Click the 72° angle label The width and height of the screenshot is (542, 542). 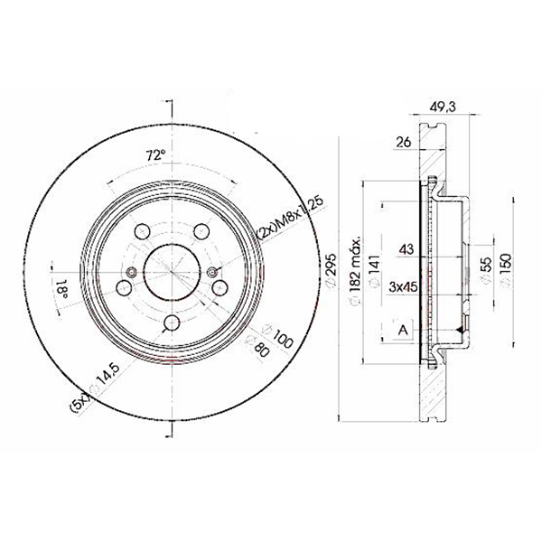pyautogui.click(x=155, y=155)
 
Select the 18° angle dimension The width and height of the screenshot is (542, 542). pyautogui.click(x=61, y=289)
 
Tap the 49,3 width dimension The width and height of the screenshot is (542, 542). pyautogui.click(x=443, y=107)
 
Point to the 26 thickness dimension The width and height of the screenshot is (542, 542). pyautogui.click(x=404, y=142)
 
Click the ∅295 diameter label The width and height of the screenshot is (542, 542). pyautogui.click(x=331, y=269)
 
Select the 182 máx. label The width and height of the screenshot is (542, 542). pyautogui.click(x=355, y=270)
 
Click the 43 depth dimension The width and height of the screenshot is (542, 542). pyautogui.click(x=406, y=249)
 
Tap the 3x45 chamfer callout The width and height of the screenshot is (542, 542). pyautogui.click(x=404, y=286)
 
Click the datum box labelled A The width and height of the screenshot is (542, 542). pyautogui.click(x=403, y=330)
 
